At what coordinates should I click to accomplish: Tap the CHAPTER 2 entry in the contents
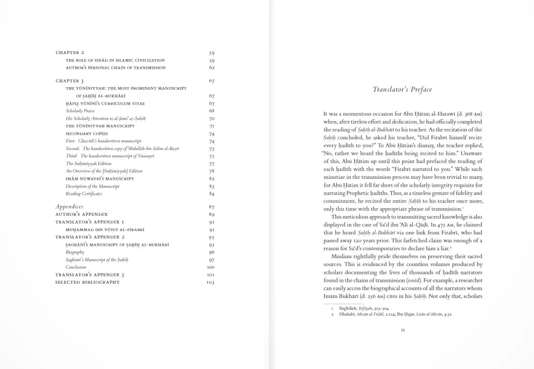(70, 53)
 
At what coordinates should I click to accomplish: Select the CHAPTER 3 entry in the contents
(70, 81)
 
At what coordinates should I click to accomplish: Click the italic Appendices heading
(69, 206)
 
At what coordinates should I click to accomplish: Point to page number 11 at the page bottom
(403, 330)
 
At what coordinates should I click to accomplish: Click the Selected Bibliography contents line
(88, 282)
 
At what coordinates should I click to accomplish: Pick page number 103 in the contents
(210, 282)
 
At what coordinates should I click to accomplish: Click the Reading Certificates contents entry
(84, 194)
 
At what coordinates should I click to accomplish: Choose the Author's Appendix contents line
(82, 214)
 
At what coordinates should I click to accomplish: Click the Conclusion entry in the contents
(76, 267)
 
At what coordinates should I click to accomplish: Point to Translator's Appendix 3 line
(90, 275)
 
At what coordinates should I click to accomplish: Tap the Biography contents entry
(75, 252)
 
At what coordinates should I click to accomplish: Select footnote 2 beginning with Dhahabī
(395, 314)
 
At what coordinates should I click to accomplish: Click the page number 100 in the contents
(210, 267)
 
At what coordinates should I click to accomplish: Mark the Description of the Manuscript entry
(92, 186)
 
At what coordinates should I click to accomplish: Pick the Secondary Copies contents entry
(87, 134)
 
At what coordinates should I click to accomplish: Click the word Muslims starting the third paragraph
(342, 256)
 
